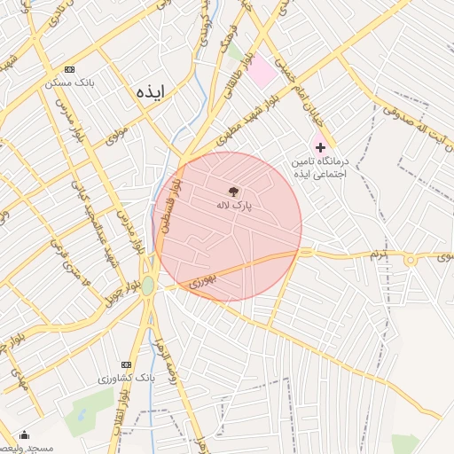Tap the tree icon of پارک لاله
tap(233, 192)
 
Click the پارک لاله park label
tap(234, 205)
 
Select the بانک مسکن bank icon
tap(70, 70)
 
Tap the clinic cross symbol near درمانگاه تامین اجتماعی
tap(320, 146)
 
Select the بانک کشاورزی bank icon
tap(125, 364)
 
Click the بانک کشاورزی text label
tap(126, 379)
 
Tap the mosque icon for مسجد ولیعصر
tap(23, 435)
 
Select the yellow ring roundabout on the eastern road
tap(410, 260)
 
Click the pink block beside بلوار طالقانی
tap(262, 72)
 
